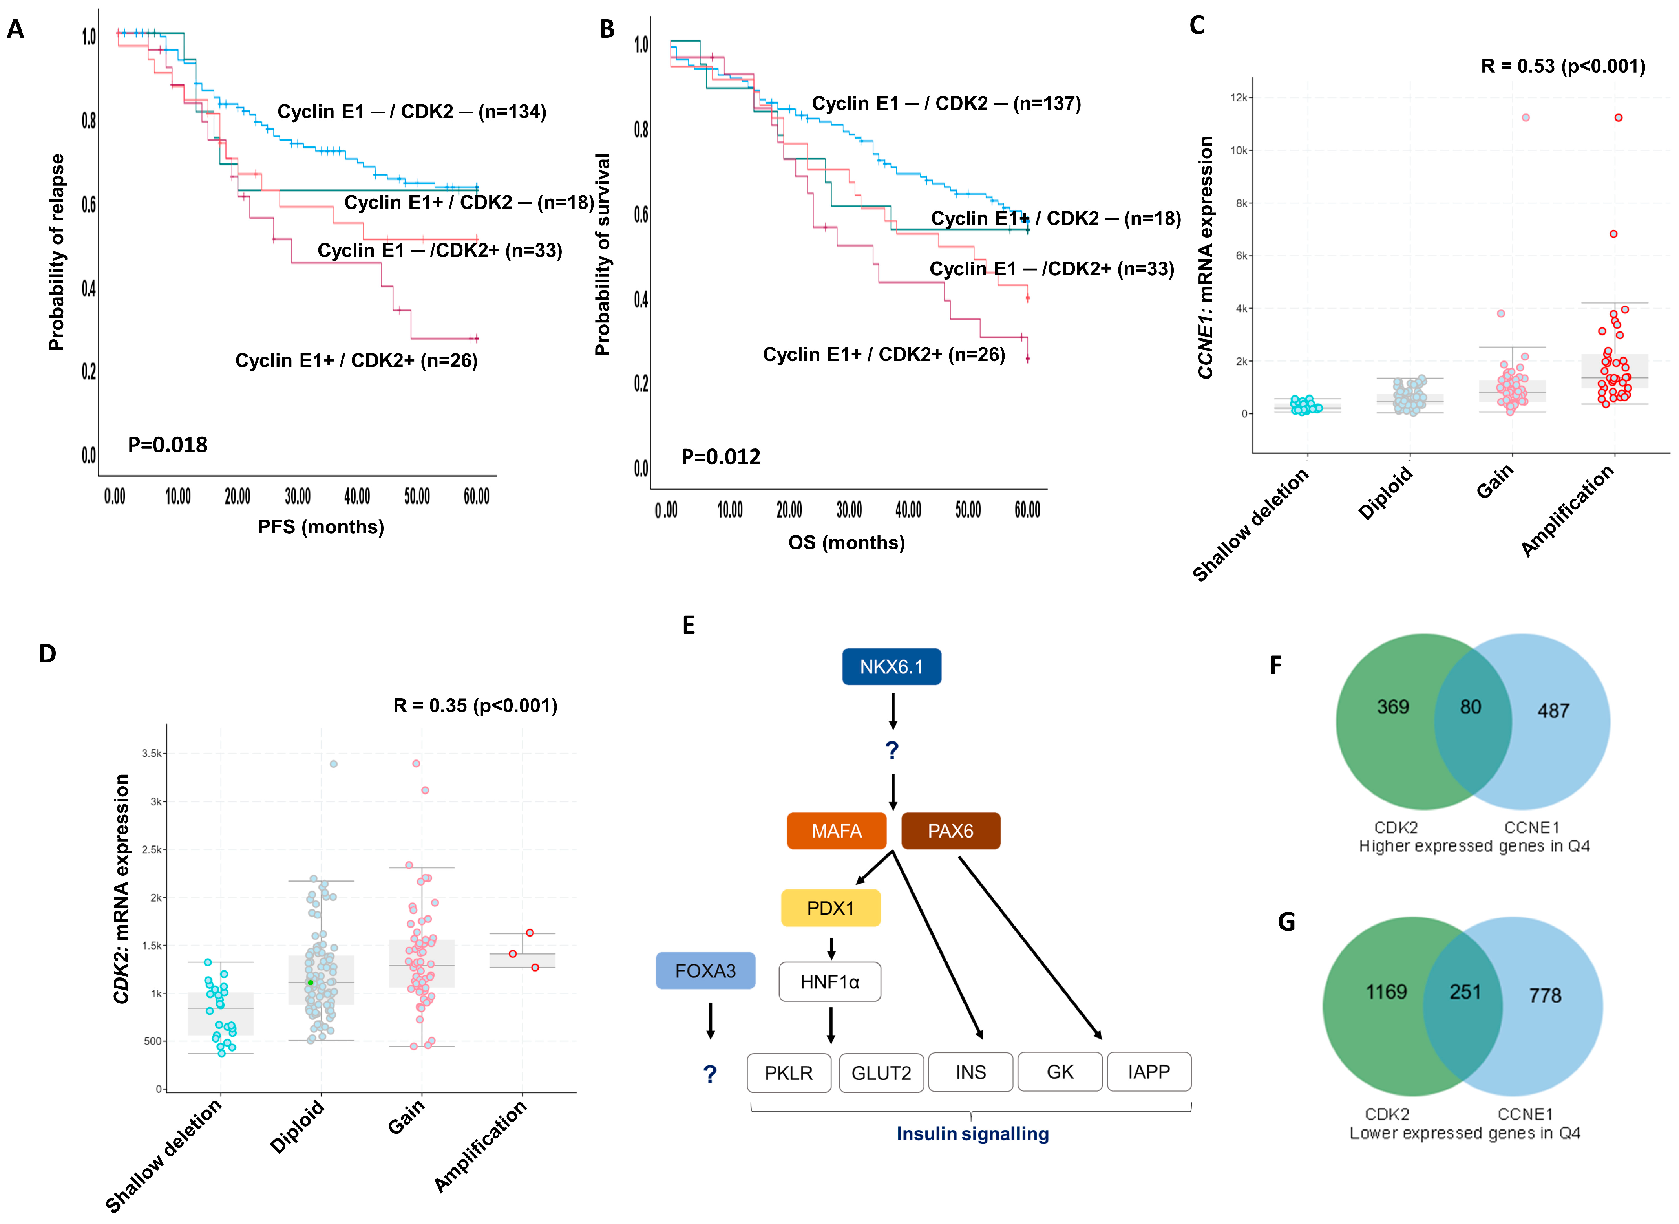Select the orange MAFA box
tap(836, 831)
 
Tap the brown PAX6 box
tap(950, 831)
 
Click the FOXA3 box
tap(705, 971)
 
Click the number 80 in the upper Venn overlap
tap(1470, 707)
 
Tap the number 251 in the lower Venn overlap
tap(1464, 992)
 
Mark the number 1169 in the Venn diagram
tap(1386, 992)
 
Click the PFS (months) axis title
tap(321, 527)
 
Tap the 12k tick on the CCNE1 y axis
tap(1238, 97)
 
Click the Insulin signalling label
tap(972, 1134)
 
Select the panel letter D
tap(48, 653)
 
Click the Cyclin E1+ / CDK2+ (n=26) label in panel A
tap(356, 361)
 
